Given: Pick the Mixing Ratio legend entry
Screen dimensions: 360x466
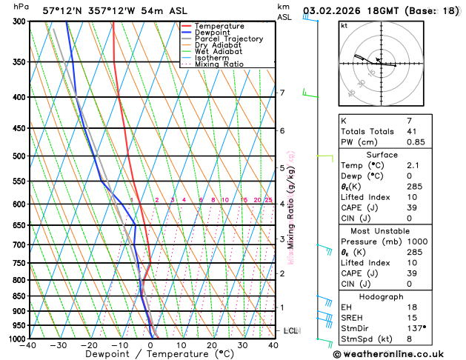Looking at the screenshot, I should click(x=219, y=64).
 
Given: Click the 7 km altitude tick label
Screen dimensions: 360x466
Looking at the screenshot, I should click(x=282, y=93).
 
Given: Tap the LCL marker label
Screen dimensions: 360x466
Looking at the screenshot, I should click(x=291, y=330).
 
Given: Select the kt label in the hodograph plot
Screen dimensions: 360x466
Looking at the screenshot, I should click(x=344, y=26).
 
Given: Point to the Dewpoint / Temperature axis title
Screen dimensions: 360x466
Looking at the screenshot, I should click(x=151, y=354).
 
